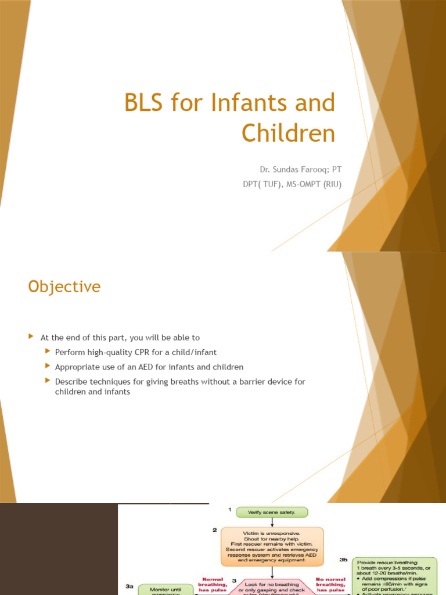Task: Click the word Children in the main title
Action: click(x=288, y=133)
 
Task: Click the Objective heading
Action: click(x=64, y=287)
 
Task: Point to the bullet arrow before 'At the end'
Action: click(x=31, y=337)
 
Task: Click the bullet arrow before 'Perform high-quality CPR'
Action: click(x=47, y=352)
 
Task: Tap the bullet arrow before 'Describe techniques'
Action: click(x=47, y=382)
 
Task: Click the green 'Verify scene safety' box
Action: click(x=272, y=512)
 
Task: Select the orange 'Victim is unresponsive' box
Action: click(x=272, y=546)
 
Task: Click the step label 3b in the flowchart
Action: click(x=344, y=559)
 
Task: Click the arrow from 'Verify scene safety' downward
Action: click(x=272, y=522)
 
